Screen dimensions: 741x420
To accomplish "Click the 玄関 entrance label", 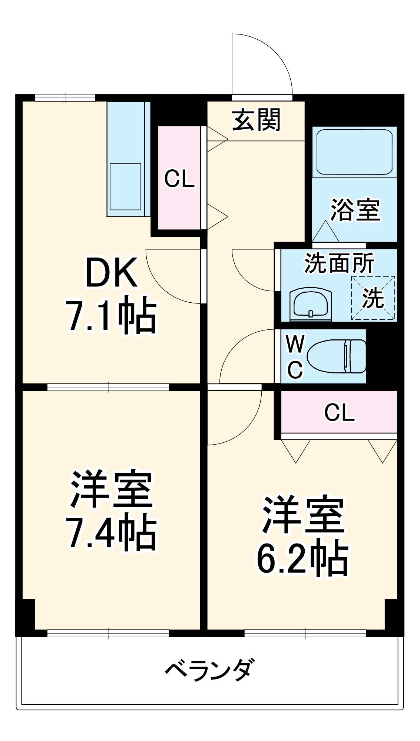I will click(x=256, y=120).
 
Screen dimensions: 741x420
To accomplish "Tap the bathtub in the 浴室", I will click(x=354, y=152).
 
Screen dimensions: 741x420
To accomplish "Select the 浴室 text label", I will click(x=355, y=210).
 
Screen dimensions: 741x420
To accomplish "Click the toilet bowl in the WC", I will click(x=335, y=356).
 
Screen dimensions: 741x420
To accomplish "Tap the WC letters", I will click(x=295, y=356).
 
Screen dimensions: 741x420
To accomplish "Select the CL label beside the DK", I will click(x=179, y=179).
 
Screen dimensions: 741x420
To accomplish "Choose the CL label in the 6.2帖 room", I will click(x=339, y=412).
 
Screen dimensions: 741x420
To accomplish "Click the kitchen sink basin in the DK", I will click(x=125, y=187).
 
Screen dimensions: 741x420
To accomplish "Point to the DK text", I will click(x=111, y=273).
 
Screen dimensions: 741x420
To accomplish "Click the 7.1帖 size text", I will click(x=111, y=315).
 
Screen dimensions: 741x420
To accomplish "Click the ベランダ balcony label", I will click(x=210, y=670).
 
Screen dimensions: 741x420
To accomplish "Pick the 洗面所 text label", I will click(x=339, y=263).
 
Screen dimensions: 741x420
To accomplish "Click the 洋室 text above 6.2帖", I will click(x=303, y=515).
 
